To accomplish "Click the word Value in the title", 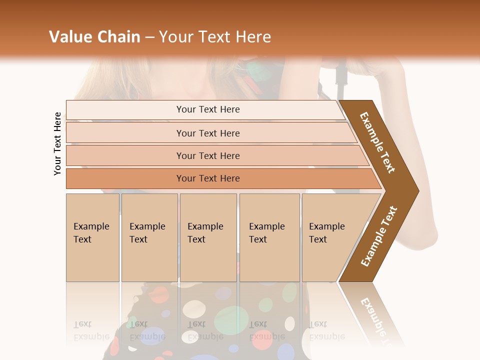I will tap(70, 37).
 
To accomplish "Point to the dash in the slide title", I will tap(149, 37).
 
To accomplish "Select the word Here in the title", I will tap(253, 37).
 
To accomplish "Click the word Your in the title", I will tap(174, 37).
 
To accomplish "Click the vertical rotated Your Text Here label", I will tap(57, 143).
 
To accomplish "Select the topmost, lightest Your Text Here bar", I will tap(207, 109).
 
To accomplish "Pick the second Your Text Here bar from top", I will tap(207, 133).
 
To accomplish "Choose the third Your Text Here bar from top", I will tap(207, 156).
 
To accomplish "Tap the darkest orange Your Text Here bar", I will tap(207, 178).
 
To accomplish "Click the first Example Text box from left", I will tap(92, 237).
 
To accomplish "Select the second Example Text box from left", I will tap(149, 237).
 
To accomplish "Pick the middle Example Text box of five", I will tap(208, 237).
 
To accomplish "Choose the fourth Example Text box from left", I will tap(269, 237).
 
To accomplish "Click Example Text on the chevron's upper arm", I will tap(377, 142).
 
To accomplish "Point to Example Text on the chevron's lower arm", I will tap(379, 236).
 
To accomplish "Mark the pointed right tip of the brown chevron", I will tap(418, 190).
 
